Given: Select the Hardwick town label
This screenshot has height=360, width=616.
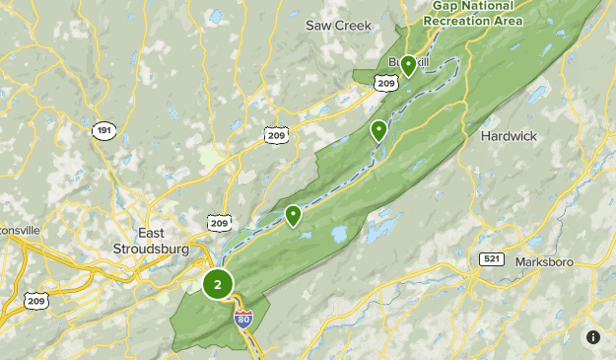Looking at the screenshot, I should [x=509, y=136].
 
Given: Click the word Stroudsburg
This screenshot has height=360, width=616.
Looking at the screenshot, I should [x=151, y=250].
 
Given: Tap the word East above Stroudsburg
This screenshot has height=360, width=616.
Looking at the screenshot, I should [x=151, y=234].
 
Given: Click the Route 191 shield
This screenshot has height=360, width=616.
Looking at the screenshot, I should [x=103, y=130].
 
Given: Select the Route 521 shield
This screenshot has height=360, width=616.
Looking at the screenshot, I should [x=492, y=258].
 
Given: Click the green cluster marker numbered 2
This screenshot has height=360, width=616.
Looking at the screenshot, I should [x=218, y=284].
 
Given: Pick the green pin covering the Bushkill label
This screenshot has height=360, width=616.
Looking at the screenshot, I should [x=408, y=67].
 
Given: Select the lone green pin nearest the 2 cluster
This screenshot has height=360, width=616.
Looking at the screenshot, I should [x=293, y=215].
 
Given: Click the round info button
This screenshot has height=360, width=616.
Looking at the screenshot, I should [x=593, y=337].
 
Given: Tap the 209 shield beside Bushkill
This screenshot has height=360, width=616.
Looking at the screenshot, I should [x=385, y=85].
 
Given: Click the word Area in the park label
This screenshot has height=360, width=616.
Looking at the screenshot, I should [x=503, y=19].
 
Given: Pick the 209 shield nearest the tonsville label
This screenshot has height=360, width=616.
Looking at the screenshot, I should [x=36, y=301].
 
